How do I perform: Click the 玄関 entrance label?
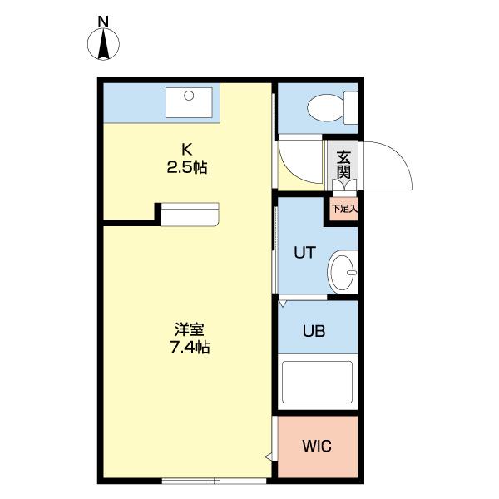tap(343, 164)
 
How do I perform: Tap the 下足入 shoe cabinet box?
tap(342, 210)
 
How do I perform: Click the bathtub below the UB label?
tap(317, 381)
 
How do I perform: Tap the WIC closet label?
tap(316, 447)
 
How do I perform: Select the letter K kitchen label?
tap(188, 150)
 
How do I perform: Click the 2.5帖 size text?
tap(188, 166)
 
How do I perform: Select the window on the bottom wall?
tap(214, 480)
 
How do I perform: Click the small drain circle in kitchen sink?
tap(190, 96)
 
